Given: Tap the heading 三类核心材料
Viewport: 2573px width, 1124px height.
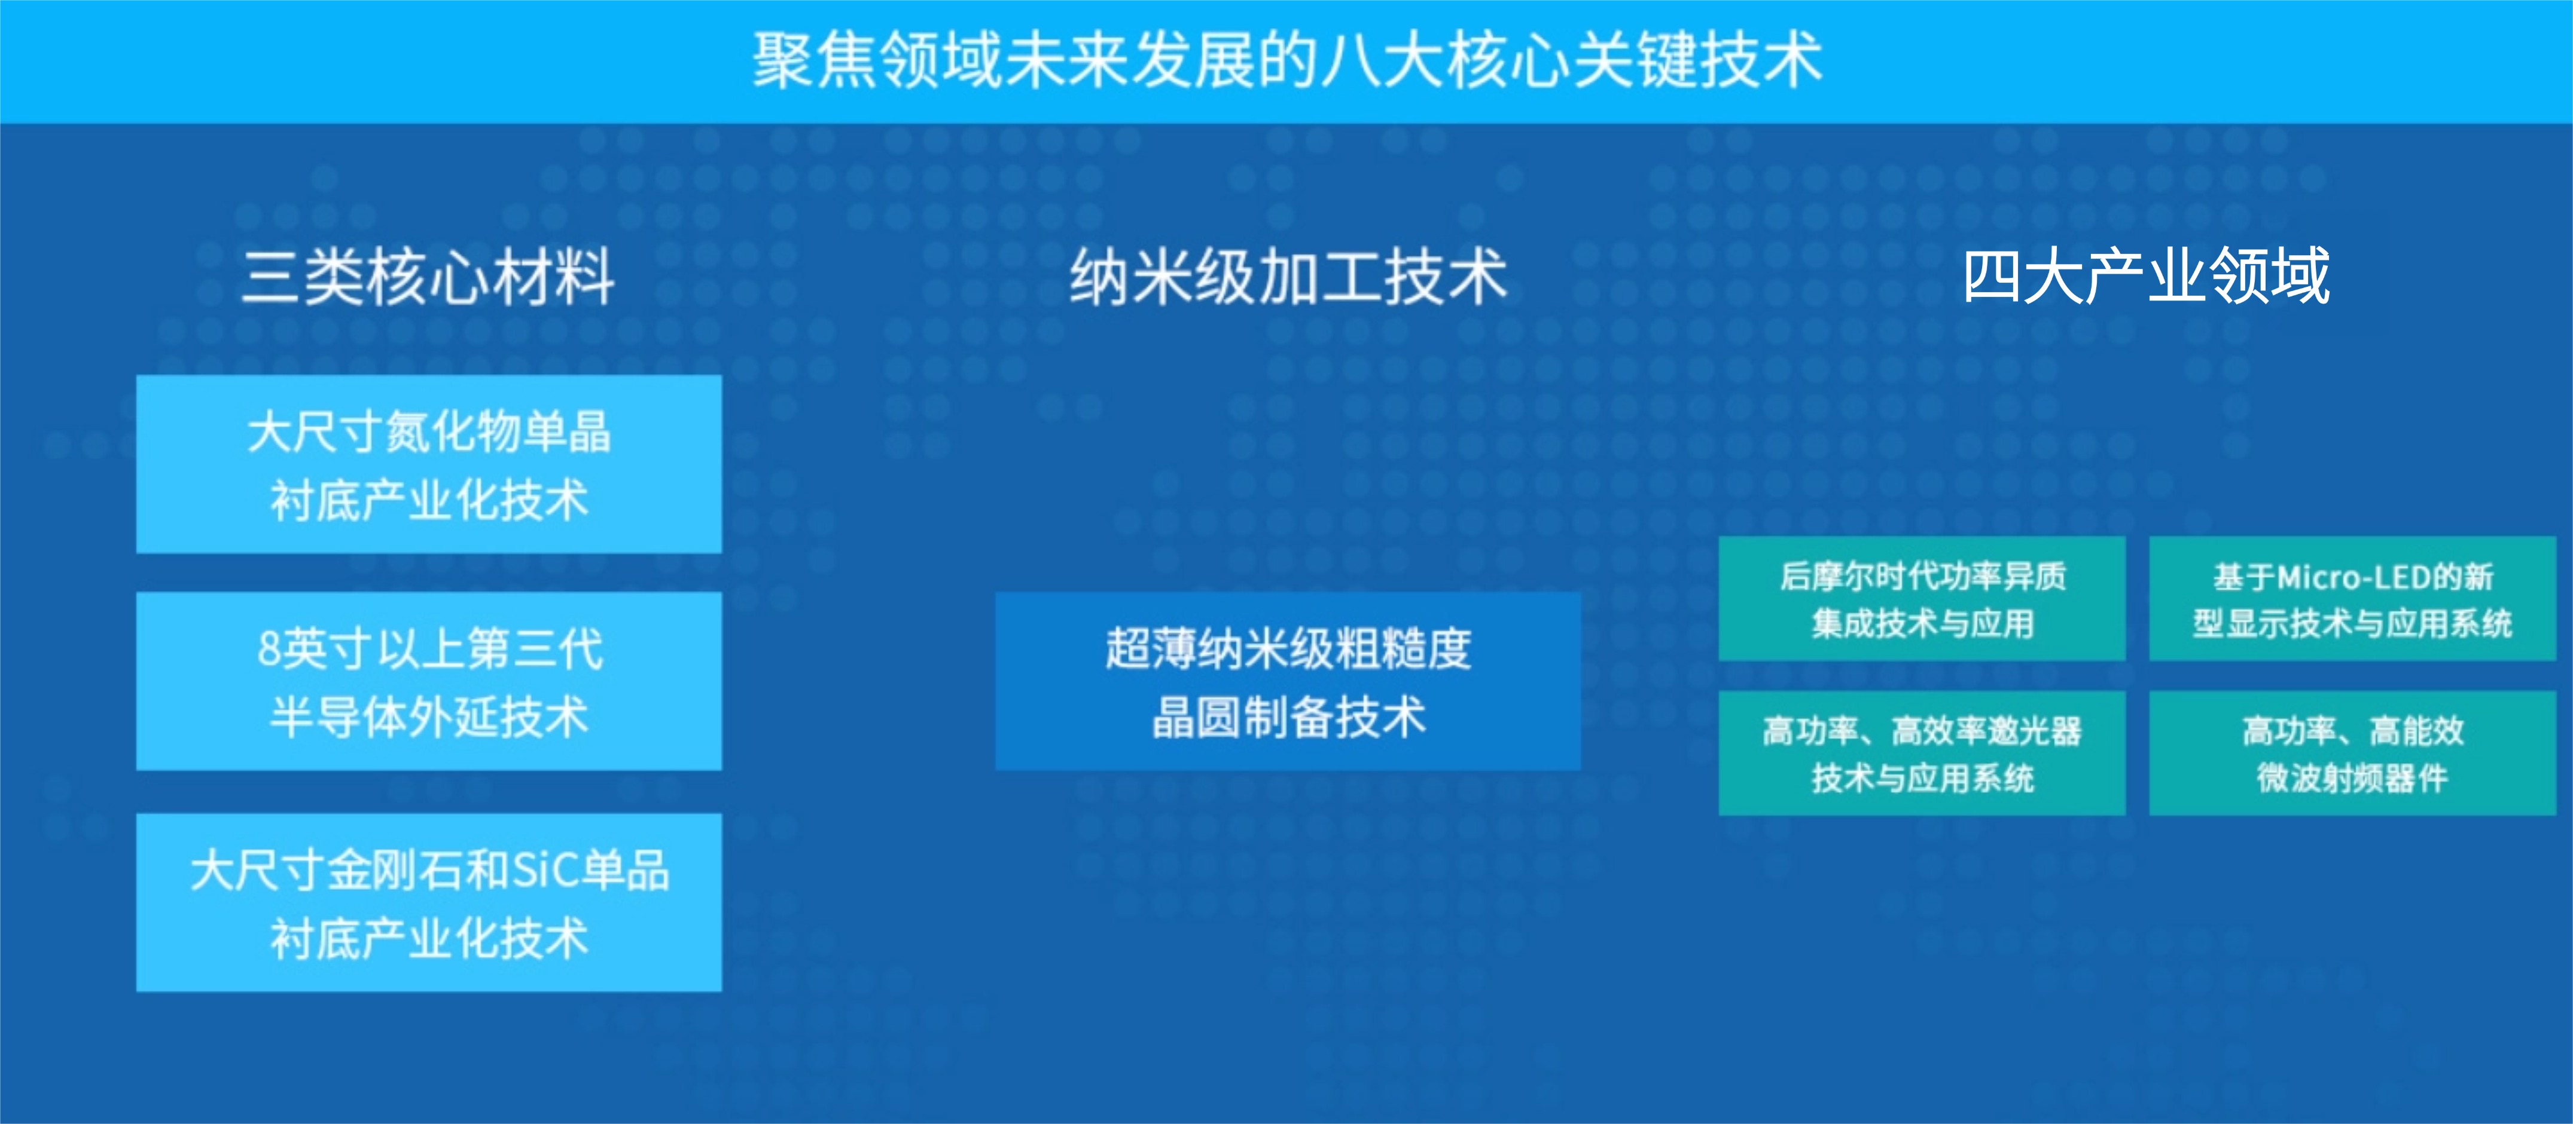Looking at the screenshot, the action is pyautogui.click(x=428, y=277).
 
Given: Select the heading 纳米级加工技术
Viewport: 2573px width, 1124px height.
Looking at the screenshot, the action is pyautogui.click(x=1288, y=277).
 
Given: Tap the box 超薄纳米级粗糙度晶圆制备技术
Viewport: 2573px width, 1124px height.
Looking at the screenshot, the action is pyautogui.click(x=1288, y=681).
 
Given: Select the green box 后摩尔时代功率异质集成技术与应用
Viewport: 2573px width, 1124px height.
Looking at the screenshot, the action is pyautogui.click(x=1922, y=599).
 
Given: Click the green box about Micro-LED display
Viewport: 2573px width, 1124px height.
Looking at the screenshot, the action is pyautogui.click(x=2352, y=599).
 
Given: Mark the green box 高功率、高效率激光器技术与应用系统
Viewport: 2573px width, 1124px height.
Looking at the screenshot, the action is pyautogui.click(x=1922, y=754).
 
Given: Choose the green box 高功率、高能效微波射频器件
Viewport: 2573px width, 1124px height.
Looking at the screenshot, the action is pyautogui.click(x=2352, y=754).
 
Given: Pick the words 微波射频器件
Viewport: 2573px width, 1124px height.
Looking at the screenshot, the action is pyautogui.click(x=2352, y=777).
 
